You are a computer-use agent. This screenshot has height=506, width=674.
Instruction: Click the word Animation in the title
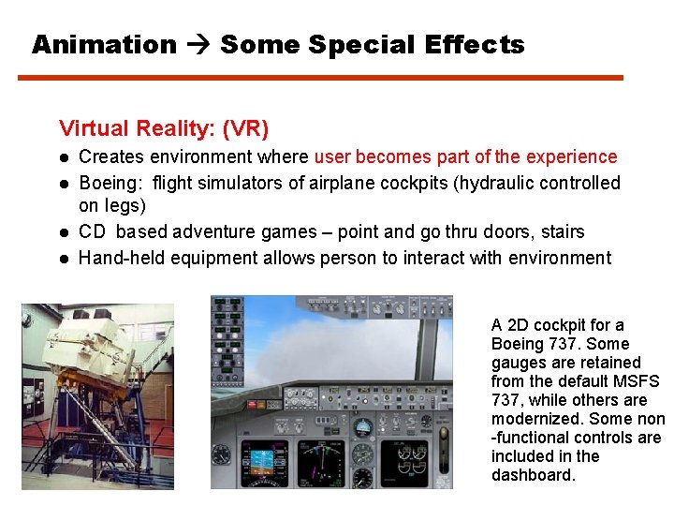[x=104, y=44]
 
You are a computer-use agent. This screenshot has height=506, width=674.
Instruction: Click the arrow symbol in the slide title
[x=198, y=44]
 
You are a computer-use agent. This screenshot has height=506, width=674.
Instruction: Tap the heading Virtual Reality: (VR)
[x=164, y=127]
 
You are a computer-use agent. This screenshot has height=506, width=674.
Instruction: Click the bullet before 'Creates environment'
[x=65, y=157]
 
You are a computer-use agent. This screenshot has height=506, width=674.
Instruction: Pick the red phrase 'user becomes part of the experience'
[x=465, y=156]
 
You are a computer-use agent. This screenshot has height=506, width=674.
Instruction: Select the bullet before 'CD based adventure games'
[x=65, y=232]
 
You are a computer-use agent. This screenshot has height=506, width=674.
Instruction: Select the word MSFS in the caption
[x=639, y=381]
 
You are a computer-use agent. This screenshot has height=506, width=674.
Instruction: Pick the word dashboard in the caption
[x=531, y=475]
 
